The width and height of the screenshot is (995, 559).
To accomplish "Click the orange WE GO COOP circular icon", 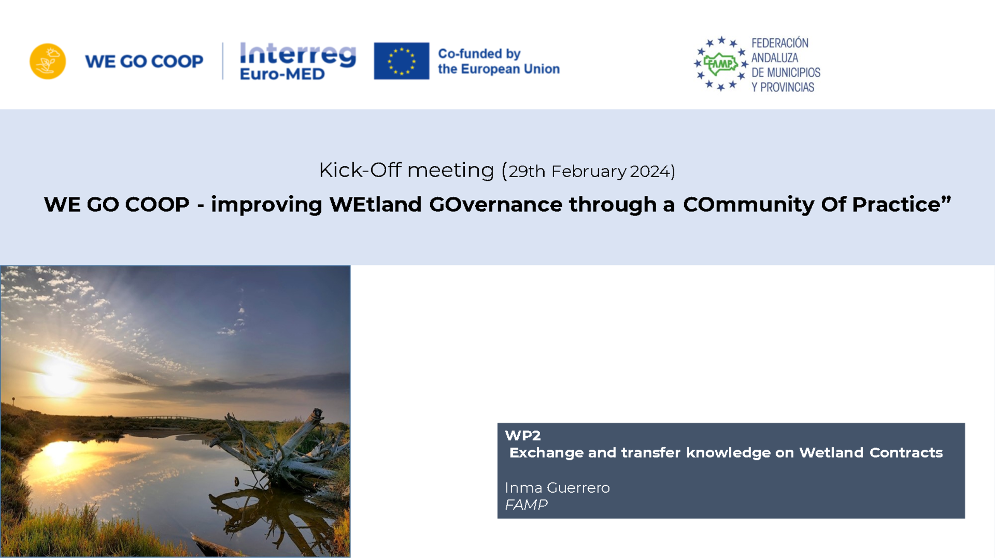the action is (48, 61).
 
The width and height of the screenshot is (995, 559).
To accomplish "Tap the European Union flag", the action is (402, 61).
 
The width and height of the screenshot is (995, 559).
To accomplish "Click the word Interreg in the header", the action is (298, 55).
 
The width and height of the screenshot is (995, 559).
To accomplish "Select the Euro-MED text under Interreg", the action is (282, 74).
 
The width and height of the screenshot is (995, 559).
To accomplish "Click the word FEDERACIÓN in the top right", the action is (780, 43).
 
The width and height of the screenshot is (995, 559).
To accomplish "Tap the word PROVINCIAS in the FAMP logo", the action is (787, 88).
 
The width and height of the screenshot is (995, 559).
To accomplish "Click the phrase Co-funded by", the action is (479, 53).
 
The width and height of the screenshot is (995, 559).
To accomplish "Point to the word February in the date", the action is (589, 171).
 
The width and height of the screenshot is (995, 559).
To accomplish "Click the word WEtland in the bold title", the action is (376, 204).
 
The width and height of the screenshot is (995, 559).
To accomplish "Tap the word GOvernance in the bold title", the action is (496, 204).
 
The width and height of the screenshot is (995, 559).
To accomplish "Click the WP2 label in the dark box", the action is (523, 436).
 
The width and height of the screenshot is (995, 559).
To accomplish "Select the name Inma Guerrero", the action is (557, 488).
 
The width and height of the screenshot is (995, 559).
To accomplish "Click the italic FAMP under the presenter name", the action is (526, 505).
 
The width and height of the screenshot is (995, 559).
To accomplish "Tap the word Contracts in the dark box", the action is (906, 453).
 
